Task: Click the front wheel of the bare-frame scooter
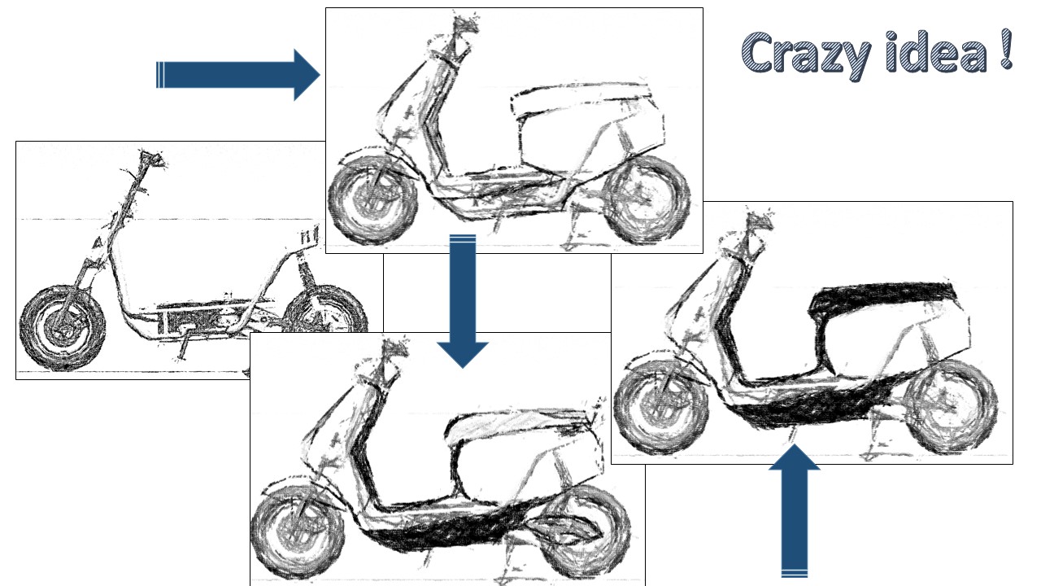click(60, 326)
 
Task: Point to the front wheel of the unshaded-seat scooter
click(370, 199)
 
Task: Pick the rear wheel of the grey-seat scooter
click(586, 529)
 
